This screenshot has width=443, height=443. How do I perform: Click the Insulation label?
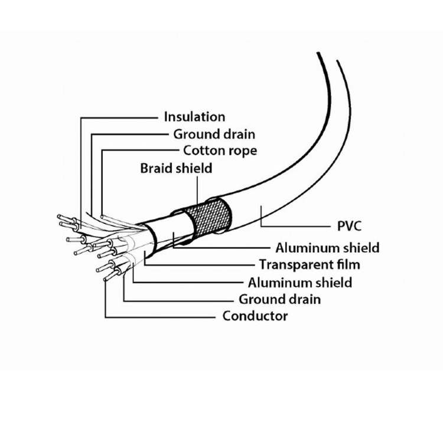194,117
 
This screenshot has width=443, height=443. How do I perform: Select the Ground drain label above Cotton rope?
210,134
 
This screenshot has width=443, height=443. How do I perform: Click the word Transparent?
297,264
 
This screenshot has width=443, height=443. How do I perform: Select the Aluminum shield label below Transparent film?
300,282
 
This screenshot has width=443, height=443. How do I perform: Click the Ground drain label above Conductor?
280,299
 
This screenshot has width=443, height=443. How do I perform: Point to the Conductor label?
255,316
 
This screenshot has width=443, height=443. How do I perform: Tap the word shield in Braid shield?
194,168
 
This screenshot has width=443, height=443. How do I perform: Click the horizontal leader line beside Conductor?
159,317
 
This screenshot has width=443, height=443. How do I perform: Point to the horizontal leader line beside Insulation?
118,118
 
